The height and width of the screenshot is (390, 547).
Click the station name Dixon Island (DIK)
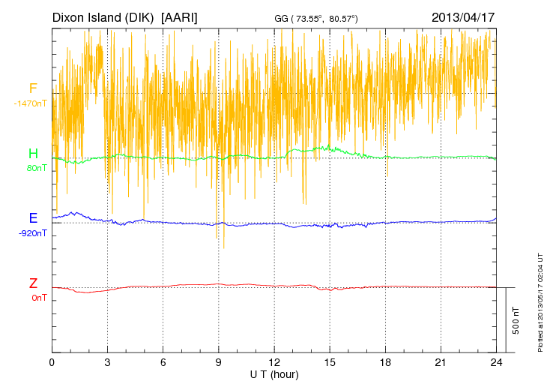(104, 16)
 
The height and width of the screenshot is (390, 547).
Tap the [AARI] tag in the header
(179, 16)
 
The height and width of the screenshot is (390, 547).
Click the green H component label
(33, 154)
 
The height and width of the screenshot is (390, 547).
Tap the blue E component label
(33, 218)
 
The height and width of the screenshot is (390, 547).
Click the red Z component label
(33, 283)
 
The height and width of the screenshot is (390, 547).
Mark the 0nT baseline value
(39, 298)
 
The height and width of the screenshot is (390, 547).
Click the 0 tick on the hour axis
(52, 361)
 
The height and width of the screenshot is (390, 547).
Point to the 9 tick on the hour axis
(219, 361)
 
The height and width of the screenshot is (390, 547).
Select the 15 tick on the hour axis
(330, 361)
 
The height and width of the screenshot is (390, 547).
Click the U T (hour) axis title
(274, 373)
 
